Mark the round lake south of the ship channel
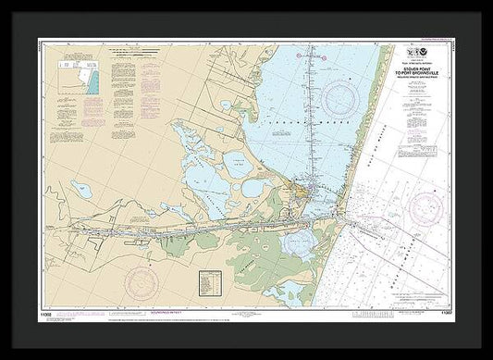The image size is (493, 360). pos(299,242)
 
